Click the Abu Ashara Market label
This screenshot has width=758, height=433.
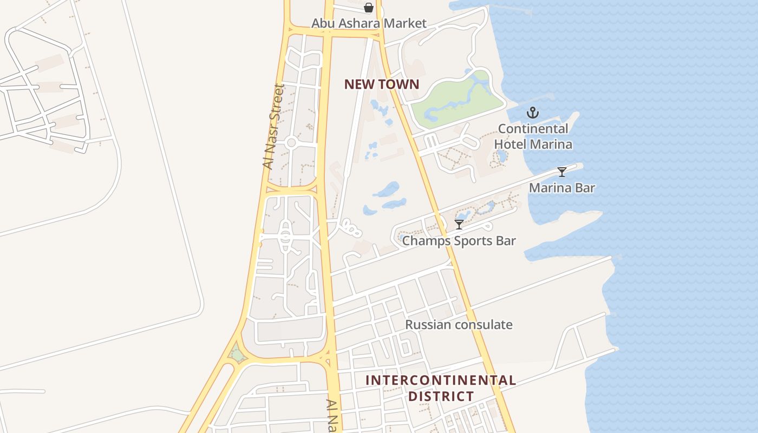click(x=369, y=23)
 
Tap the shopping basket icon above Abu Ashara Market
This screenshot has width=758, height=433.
click(x=369, y=8)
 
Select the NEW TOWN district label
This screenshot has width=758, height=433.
click(x=382, y=84)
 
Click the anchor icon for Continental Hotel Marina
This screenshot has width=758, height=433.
click(x=533, y=113)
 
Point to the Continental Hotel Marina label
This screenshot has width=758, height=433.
click(x=533, y=136)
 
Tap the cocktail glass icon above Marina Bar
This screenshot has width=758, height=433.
click(x=562, y=172)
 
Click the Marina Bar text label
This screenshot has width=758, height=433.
click(x=562, y=188)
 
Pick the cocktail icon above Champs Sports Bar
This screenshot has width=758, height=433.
click(x=459, y=224)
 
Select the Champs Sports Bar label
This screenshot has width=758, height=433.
click(x=459, y=240)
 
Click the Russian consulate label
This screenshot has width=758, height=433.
click(x=459, y=325)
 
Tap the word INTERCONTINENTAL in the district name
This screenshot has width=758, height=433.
click(x=441, y=380)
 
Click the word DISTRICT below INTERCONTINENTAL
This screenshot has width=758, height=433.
click(x=441, y=396)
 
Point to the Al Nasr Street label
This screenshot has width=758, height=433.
click(x=273, y=127)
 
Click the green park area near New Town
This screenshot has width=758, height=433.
click(x=455, y=100)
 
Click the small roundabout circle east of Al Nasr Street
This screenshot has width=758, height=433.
click(x=291, y=143)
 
